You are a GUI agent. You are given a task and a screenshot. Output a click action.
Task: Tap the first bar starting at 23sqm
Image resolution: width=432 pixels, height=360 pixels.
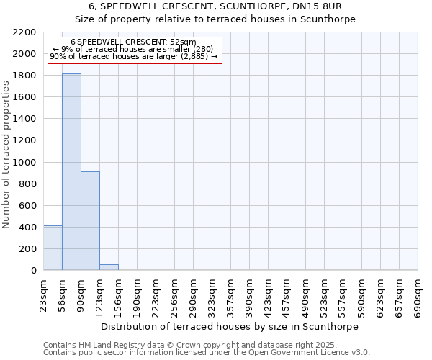[x=52, y=248]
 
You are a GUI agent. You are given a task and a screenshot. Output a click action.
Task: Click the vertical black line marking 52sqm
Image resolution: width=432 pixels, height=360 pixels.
[x=60, y=158]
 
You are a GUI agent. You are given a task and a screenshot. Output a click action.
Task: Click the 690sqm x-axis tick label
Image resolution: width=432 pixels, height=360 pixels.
[x=418, y=297]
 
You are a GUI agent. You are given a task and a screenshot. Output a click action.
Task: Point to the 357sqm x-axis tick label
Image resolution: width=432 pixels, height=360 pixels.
[x=230, y=297]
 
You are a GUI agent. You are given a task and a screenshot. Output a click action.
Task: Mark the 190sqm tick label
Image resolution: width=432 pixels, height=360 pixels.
[x=137, y=297]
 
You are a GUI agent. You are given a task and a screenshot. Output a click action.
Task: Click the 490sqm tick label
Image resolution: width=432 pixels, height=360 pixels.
[x=305, y=297]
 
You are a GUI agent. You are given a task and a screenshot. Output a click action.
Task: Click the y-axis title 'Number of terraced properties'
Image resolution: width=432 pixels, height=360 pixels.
[x=6, y=154]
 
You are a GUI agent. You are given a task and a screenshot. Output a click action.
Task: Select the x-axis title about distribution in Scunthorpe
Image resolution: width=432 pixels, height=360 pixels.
[x=230, y=326]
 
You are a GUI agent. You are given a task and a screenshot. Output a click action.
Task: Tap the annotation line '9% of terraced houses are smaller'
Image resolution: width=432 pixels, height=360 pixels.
[x=132, y=49]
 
